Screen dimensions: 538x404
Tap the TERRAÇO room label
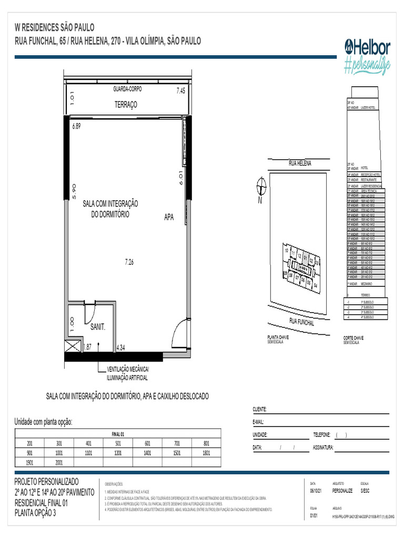(126, 105)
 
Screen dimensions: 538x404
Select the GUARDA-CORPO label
(127, 89)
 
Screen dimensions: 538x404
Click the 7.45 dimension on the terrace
(180, 91)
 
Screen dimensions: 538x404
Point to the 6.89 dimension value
(76, 126)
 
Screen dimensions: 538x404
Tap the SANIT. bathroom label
(98, 327)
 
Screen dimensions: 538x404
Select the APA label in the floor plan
(168, 217)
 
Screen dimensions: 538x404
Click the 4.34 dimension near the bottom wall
(121, 347)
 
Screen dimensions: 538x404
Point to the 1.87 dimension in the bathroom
(87, 347)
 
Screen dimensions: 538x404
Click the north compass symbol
(259, 187)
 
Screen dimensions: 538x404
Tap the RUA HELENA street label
(300, 164)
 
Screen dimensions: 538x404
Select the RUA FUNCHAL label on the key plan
(302, 322)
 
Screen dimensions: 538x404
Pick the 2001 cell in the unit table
(59, 462)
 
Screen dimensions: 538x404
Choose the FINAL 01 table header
(118, 434)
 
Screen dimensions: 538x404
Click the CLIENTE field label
(260, 409)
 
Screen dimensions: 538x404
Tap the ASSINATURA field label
(323, 448)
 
